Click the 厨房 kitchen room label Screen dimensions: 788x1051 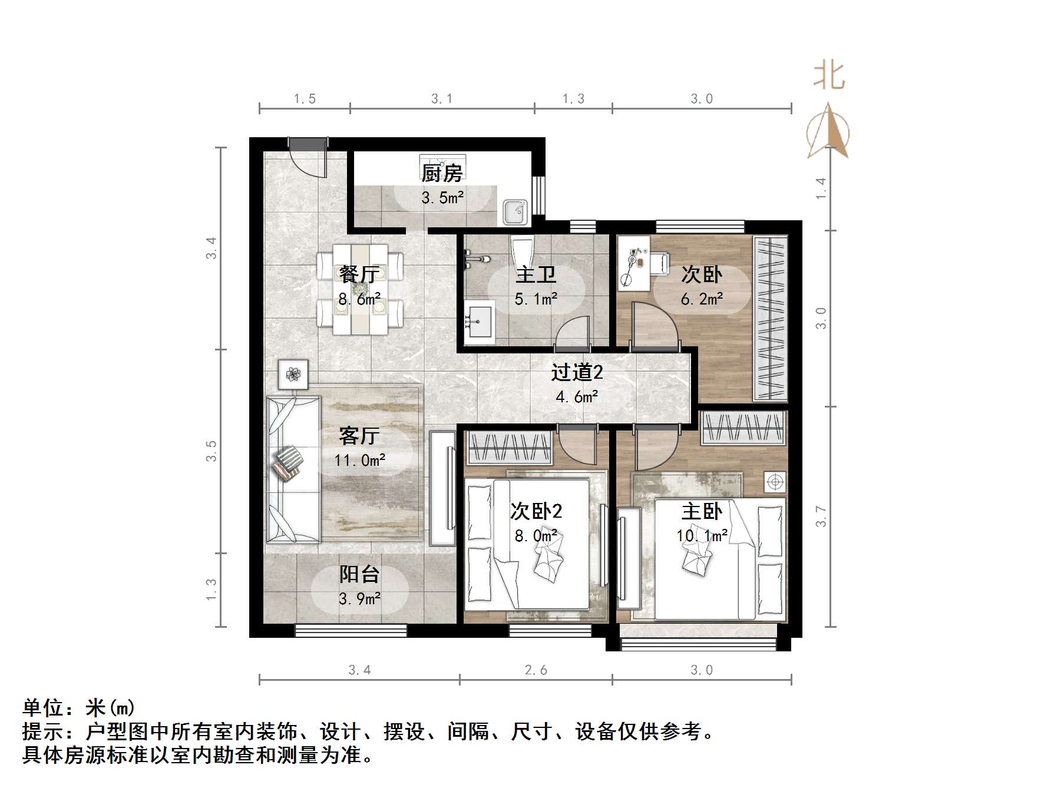(x=442, y=173)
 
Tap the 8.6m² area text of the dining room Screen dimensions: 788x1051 (x=359, y=299)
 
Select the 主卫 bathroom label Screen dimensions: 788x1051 (x=536, y=274)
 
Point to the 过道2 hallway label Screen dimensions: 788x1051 (x=577, y=372)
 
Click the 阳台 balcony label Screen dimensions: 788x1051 (x=359, y=574)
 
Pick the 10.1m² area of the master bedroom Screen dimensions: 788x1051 (x=702, y=536)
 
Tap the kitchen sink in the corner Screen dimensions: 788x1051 (x=516, y=211)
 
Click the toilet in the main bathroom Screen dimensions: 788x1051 (x=522, y=253)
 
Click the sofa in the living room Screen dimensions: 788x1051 (x=293, y=469)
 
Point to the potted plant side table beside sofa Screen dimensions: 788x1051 (x=293, y=373)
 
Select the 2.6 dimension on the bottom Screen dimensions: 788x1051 (x=536, y=670)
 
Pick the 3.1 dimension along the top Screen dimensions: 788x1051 (x=442, y=99)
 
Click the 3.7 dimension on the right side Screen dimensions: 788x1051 (x=821, y=516)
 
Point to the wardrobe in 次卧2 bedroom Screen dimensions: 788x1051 (x=510, y=448)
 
